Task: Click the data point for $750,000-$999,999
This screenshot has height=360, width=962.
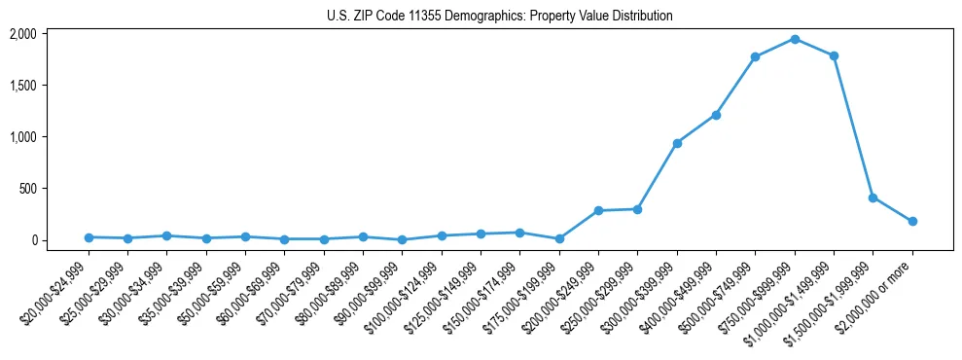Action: tap(795, 39)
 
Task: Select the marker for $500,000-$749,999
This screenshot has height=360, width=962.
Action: tap(755, 57)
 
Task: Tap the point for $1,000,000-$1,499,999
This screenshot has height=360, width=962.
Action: tap(834, 55)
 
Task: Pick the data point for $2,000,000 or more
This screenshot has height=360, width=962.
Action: tap(912, 221)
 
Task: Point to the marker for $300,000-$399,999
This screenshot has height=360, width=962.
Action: tap(677, 143)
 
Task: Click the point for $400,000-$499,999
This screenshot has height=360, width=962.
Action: tap(716, 115)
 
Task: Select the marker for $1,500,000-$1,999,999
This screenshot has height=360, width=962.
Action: tap(873, 198)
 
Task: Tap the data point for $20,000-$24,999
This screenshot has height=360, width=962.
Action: tap(89, 237)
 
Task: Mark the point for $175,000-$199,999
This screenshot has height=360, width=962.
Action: tap(559, 238)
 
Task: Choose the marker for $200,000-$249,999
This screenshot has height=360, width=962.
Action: tap(598, 210)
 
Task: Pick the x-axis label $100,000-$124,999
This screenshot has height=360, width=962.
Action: tap(405, 292)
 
